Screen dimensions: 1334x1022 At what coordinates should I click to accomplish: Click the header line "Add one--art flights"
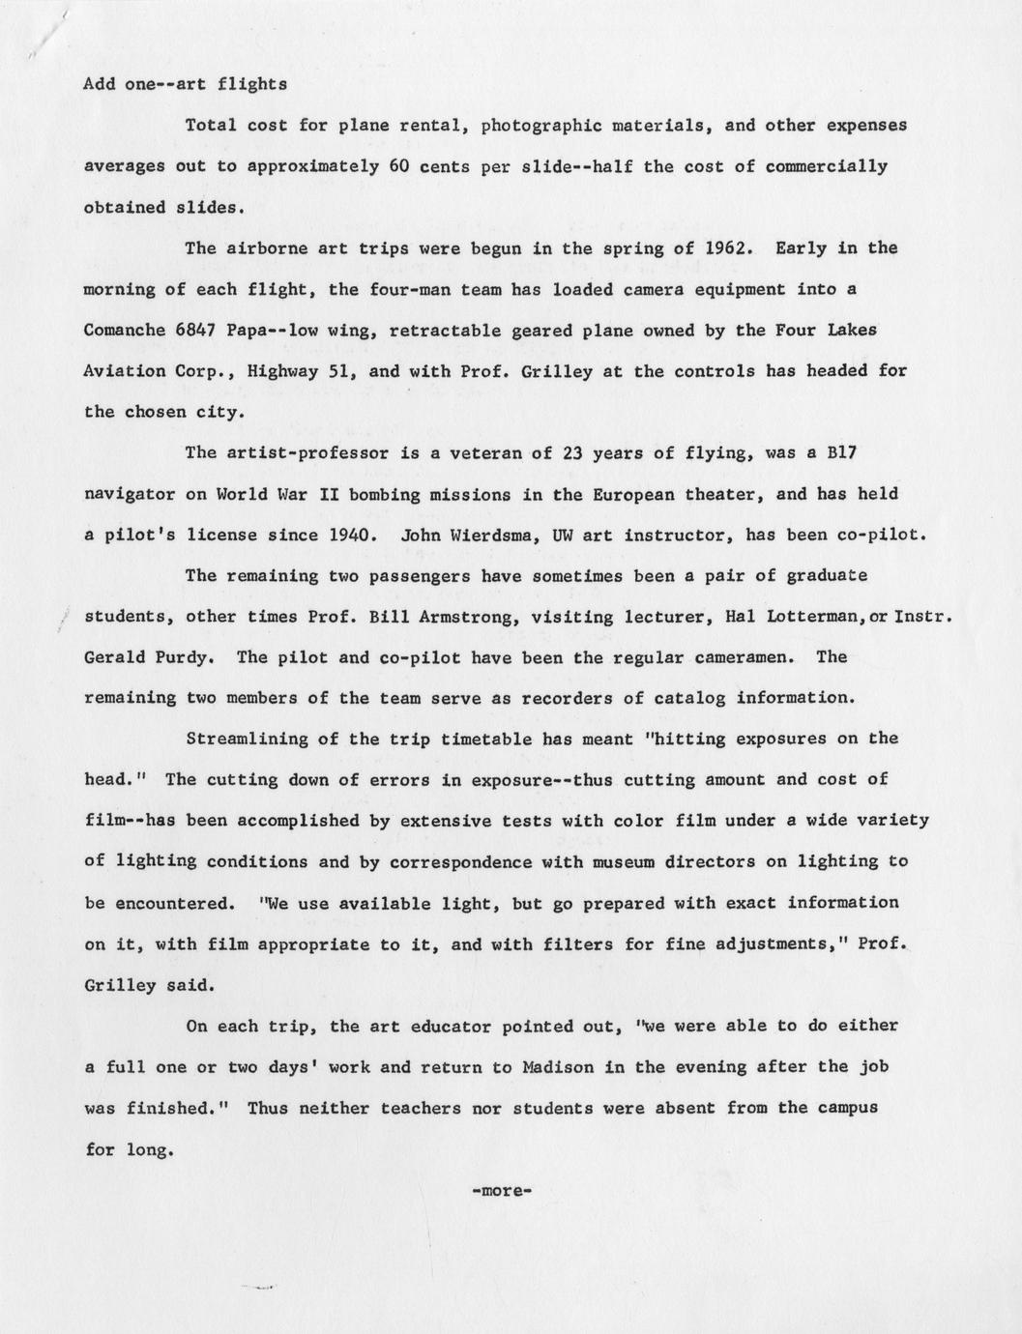tap(186, 84)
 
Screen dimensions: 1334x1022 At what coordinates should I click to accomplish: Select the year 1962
tap(726, 247)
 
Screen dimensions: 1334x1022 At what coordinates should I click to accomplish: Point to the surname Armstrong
tap(472, 616)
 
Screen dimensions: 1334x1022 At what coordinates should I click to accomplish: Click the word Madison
tap(558, 1067)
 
